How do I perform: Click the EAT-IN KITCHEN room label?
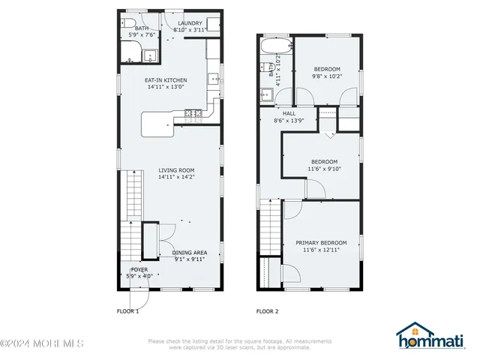click(166, 80)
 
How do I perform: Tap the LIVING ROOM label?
click(176, 170)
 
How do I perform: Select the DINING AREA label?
click(190, 253)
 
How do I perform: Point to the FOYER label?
click(139, 268)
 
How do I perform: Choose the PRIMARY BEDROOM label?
click(321, 242)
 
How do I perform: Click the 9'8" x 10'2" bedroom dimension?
click(326, 76)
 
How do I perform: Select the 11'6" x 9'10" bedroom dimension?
click(324, 169)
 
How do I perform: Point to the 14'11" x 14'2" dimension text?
click(176, 177)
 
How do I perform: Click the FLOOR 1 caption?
click(127, 310)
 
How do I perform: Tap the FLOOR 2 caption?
click(267, 310)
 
